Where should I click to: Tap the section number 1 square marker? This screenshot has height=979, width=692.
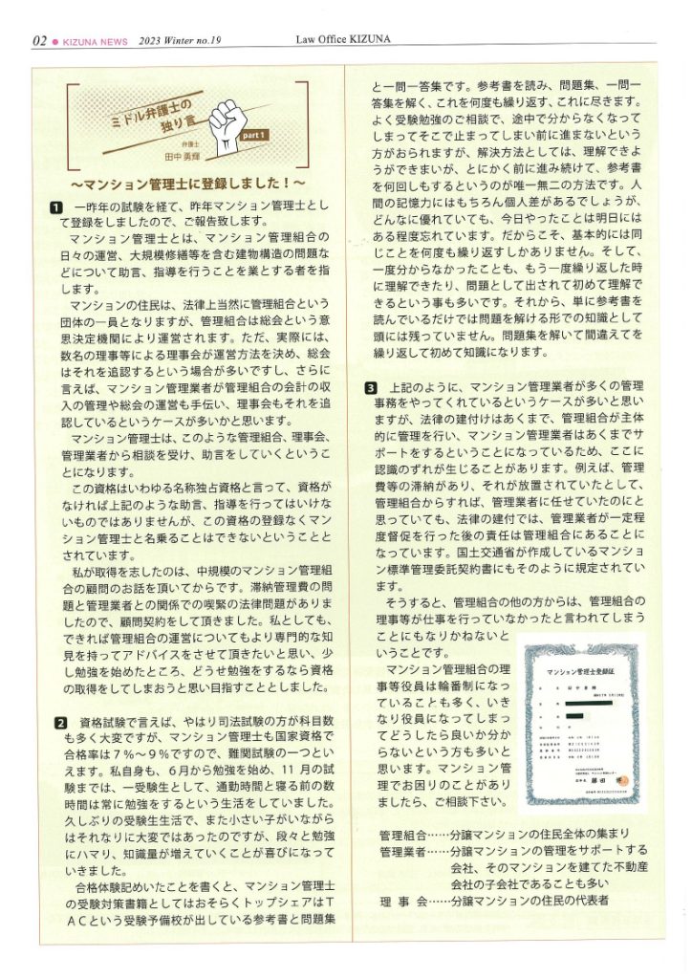click(x=57, y=206)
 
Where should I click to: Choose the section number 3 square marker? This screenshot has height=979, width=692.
click(x=371, y=387)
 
